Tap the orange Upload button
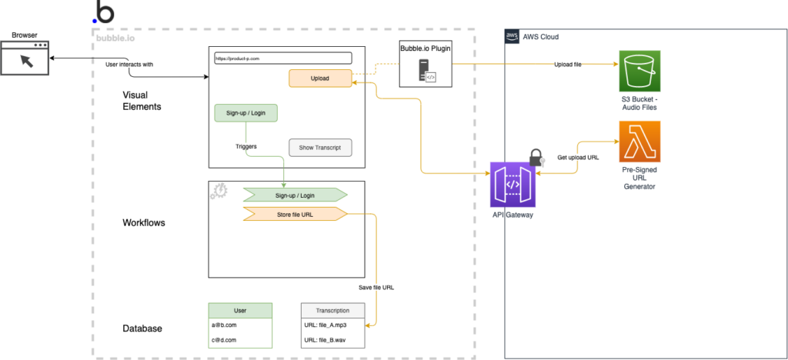point(319,78)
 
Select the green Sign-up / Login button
point(245,113)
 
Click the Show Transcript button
point(320,147)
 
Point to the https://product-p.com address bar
point(282,58)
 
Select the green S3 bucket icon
point(639,71)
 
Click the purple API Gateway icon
point(513,185)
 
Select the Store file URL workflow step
point(295,215)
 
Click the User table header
point(240,311)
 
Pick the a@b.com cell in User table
point(240,325)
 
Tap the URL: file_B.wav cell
point(332,340)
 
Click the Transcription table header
point(332,311)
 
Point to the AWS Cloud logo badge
point(513,36)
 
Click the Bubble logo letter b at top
point(103,12)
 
